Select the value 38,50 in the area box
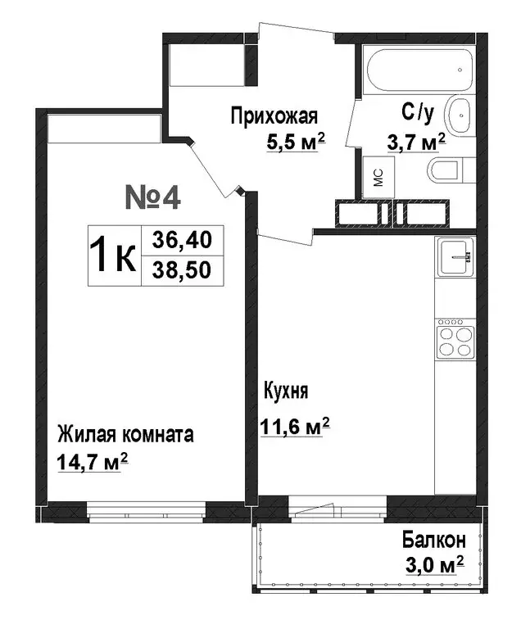tap(181, 269)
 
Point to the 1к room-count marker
tap(113, 256)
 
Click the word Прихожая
tap(273, 115)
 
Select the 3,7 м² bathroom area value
tap(415, 142)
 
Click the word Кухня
tap(285, 391)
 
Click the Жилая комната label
tap(125, 434)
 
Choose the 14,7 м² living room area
tap(93, 462)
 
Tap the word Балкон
tap(433, 541)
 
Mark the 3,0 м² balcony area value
tap(433, 565)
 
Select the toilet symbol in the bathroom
tap(446, 171)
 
